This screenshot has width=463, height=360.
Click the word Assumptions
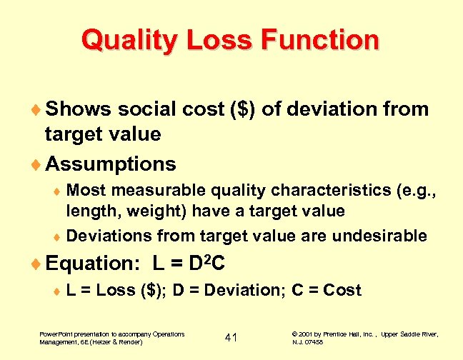coord(110,164)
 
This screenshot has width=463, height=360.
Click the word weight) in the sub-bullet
coord(137,211)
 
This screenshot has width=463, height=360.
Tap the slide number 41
coord(231,337)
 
